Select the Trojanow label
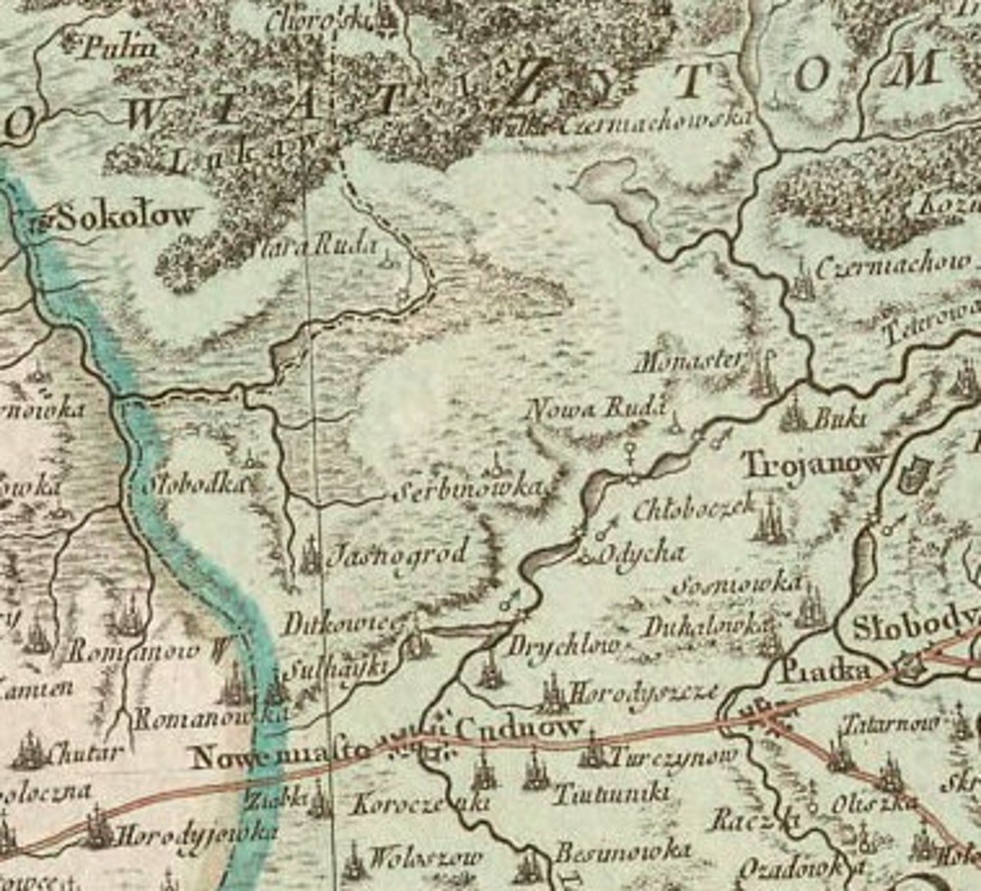[x=813, y=466]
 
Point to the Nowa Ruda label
[x=597, y=409]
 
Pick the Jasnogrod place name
[x=398, y=551]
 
